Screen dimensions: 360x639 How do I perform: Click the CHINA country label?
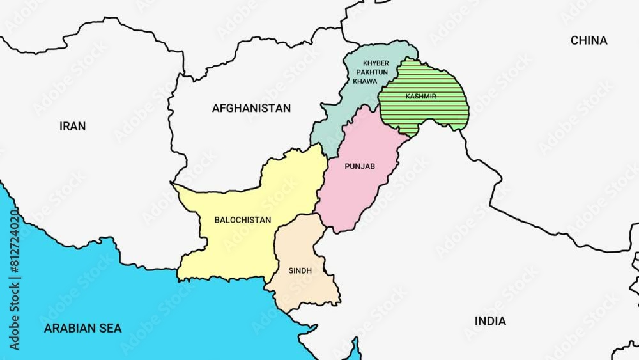[589, 40]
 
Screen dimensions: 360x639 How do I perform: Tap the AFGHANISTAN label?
[251, 108]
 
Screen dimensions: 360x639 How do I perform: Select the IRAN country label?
[72, 126]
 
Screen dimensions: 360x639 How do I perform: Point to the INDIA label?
[489, 321]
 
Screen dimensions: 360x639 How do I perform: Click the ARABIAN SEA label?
[82, 329]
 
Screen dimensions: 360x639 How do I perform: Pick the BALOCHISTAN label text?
[242, 220]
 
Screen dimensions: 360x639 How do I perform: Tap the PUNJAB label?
[359, 166]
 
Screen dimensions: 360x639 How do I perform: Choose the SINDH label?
[300, 270]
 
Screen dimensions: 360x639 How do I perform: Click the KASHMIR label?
[420, 97]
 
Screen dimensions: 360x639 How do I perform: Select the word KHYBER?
[375, 63]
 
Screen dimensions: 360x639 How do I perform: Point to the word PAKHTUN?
[375, 72]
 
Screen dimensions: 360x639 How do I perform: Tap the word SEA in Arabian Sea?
[110, 329]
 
